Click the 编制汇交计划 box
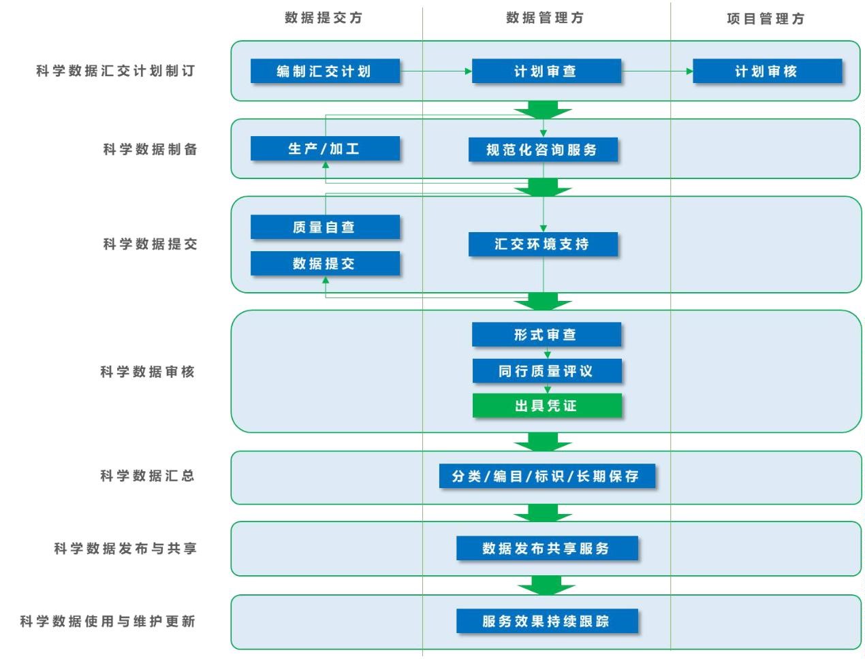[324, 71]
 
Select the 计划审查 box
[546, 71]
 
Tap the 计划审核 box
[766, 71]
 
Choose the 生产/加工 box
[324, 148]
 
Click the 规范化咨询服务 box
[542, 150]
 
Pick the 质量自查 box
[324, 227]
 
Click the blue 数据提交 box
[324, 263]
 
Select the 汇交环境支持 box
[542, 244]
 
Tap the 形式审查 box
[546, 334]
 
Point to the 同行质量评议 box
[546, 371]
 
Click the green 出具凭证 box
[546, 406]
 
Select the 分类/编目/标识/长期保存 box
[546, 476]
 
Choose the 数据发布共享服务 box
[546, 548]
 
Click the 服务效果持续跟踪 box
[546, 621]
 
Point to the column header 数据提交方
[324, 18]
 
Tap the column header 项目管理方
[766, 19]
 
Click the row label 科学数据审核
[148, 372]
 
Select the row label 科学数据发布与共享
[125, 548]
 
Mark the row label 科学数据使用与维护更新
[108, 621]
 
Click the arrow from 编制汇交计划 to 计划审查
[435, 71]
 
